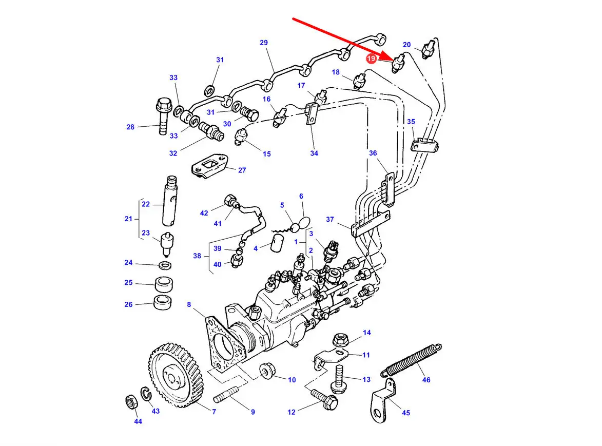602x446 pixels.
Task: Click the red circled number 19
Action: [x=371, y=59]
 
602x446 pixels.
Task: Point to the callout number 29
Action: [x=263, y=43]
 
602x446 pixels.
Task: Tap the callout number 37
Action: [x=330, y=219]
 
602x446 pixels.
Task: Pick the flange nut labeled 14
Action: [x=340, y=339]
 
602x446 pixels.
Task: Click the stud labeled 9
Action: [x=226, y=395]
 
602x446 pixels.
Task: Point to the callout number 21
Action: [x=128, y=219]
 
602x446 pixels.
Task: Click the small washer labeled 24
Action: [x=165, y=265]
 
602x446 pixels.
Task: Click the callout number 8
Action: [x=189, y=304]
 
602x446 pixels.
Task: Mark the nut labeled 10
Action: [x=267, y=371]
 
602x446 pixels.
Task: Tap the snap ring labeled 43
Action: [x=146, y=394]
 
